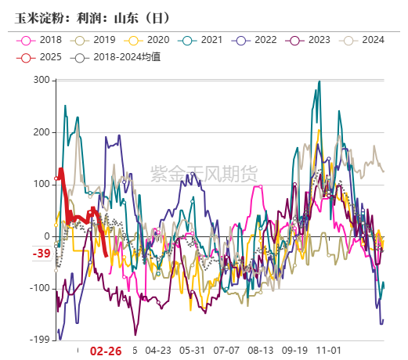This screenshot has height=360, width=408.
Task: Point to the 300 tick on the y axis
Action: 42,80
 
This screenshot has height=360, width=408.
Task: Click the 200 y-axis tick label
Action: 42,132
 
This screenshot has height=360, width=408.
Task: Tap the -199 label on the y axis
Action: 40,340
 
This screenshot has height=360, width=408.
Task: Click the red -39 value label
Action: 42,254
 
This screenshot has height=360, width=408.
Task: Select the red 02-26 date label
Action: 106,351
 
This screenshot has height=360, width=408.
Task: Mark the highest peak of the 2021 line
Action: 319,81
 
